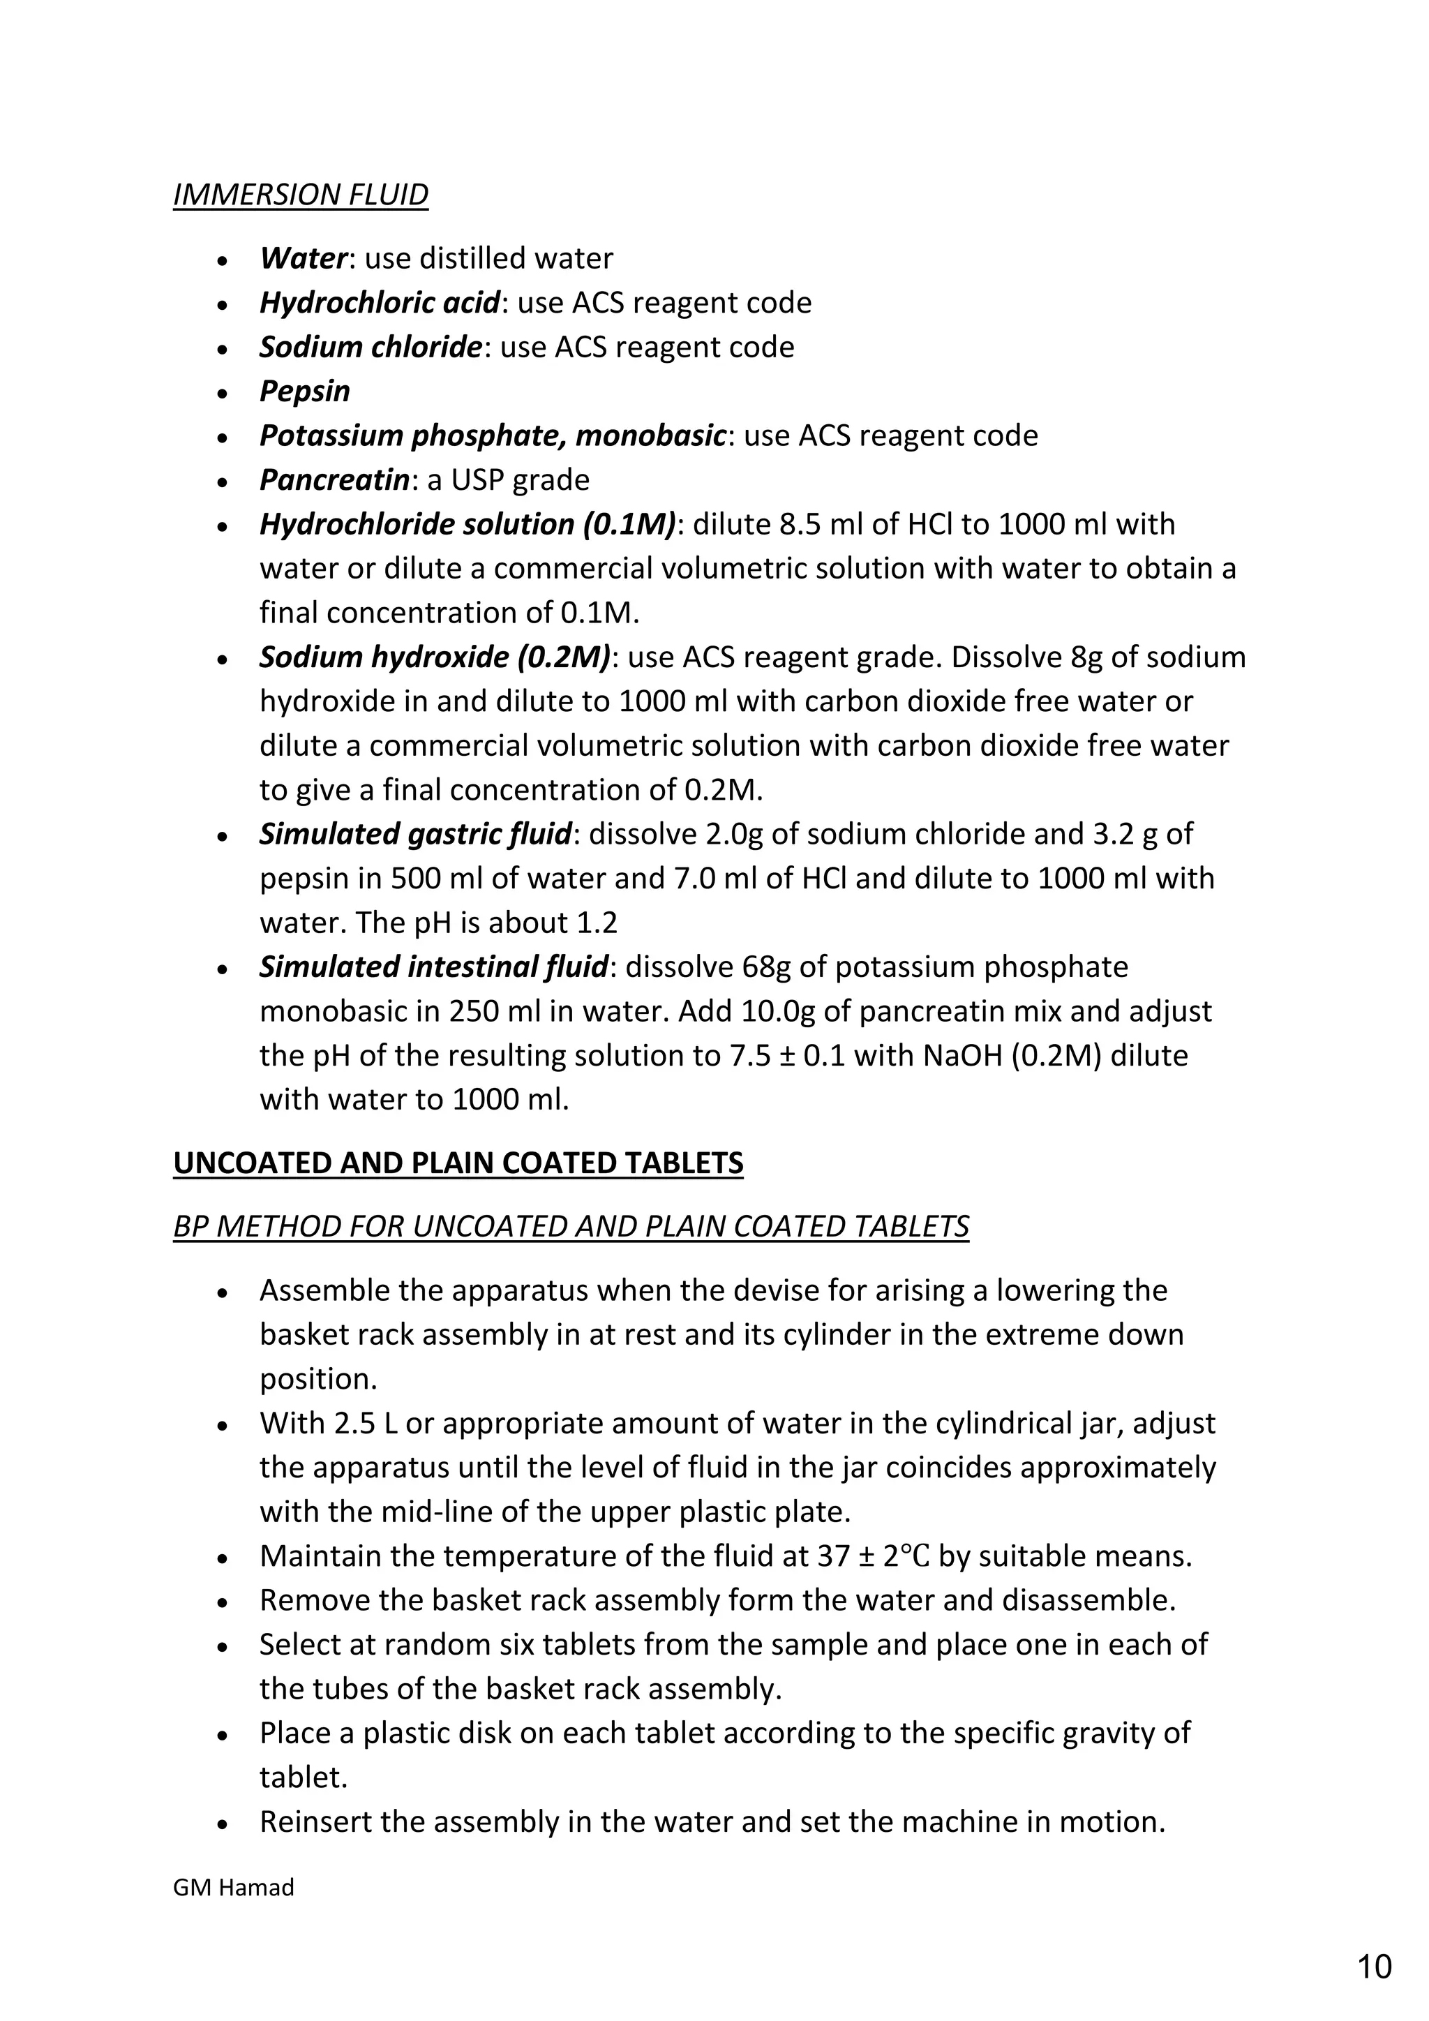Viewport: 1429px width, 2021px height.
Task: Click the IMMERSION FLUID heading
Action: (x=300, y=195)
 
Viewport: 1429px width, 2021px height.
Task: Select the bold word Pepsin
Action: (x=304, y=391)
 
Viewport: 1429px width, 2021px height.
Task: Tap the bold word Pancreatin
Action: (x=334, y=479)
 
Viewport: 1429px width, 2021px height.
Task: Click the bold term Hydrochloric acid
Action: (x=380, y=303)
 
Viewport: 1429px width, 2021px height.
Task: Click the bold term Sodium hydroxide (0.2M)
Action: (x=435, y=657)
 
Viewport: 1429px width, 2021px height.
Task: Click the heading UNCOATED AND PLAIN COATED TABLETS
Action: (x=458, y=1163)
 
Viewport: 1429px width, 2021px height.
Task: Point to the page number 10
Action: (x=1375, y=1967)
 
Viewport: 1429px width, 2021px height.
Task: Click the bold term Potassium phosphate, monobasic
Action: (x=493, y=435)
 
